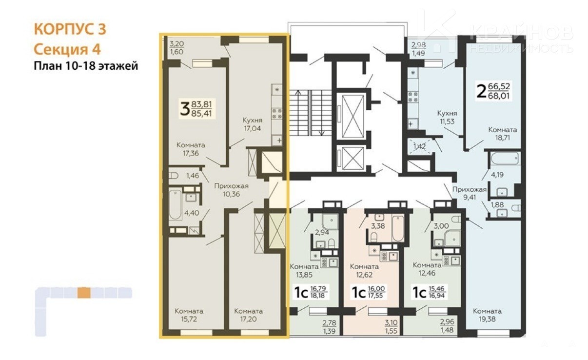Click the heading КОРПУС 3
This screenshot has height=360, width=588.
tap(70, 29)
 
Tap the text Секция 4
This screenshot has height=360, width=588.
tap(67, 49)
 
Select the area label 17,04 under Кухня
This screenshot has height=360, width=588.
tap(252, 128)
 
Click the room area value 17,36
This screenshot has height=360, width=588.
tap(191, 153)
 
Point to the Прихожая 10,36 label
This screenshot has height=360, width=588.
tap(231, 190)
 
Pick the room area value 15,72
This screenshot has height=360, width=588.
tap(189, 319)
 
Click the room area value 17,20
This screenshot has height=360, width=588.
tap(248, 319)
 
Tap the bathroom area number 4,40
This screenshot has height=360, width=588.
tap(192, 213)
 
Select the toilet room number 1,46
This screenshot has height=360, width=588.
tap(193, 175)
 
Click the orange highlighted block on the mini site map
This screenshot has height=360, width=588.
tap(84, 293)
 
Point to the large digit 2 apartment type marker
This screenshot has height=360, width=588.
tap(481, 92)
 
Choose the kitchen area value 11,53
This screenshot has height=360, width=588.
tap(447, 121)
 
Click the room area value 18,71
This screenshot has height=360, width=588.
tap(502, 138)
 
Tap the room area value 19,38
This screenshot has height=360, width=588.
tap(487, 319)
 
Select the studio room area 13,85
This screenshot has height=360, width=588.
tap(304, 275)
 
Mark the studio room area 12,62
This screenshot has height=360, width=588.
tap(364, 275)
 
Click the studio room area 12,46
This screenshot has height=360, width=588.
tap(427, 273)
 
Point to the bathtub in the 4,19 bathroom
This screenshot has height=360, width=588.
tap(505, 159)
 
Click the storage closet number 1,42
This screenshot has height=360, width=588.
tap(419, 146)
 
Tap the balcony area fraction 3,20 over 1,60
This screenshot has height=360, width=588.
tap(176, 47)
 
